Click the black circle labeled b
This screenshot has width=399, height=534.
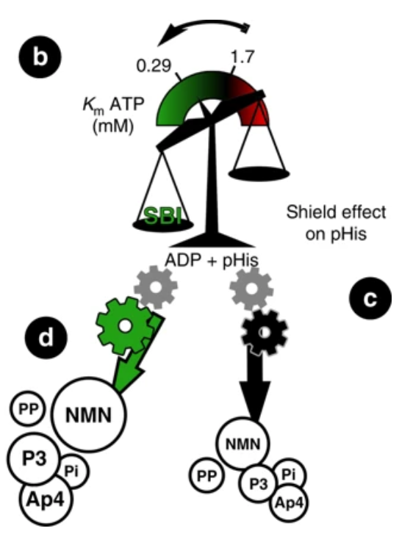(x=40, y=57)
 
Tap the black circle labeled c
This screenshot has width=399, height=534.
(x=370, y=298)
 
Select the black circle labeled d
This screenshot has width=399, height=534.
(x=46, y=337)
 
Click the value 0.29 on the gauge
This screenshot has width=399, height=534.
(x=154, y=65)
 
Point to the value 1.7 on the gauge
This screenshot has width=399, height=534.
(x=242, y=57)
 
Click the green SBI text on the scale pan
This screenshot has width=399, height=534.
(x=162, y=216)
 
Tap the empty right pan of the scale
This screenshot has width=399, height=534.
(x=259, y=173)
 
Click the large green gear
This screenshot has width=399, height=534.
(x=125, y=326)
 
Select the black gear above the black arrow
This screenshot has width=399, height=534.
(x=265, y=333)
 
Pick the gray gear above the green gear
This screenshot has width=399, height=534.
(x=156, y=288)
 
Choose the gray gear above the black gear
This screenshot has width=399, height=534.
(x=251, y=289)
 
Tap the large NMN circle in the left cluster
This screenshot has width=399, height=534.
(x=89, y=414)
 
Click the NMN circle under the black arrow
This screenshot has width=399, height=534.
(x=243, y=444)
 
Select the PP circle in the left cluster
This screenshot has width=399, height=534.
(x=28, y=408)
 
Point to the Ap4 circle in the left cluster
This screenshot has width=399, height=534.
(x=46, y=499)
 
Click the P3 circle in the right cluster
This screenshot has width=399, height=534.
(x=258, y=483)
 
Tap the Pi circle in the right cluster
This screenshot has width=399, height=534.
(x=289, y=475)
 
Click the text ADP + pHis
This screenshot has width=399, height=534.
(x=212, y=261)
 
